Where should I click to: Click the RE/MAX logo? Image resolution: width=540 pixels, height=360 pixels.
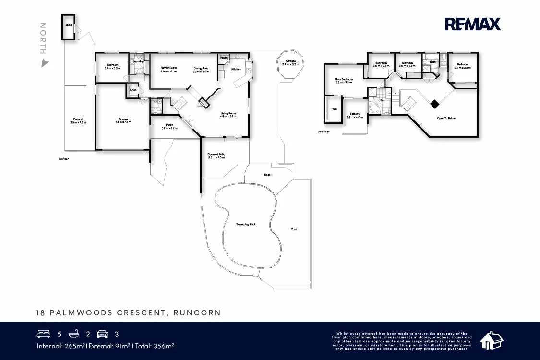tap(472, 24)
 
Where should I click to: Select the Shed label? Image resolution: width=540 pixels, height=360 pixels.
tap(69, 24)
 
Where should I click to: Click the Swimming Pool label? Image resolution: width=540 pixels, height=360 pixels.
tap(245, 224)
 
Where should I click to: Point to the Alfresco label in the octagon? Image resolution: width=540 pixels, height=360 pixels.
tap(290, 62)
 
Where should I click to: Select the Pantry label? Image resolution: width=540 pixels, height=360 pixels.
tap(224, 58)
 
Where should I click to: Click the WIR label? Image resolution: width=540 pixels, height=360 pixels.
tap(335, 109)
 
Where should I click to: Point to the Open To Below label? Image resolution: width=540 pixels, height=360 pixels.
tap(446, 118)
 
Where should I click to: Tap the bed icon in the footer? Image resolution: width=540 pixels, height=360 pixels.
tap(43, 334)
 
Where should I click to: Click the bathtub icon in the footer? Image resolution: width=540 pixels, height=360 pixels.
tap(73, 334)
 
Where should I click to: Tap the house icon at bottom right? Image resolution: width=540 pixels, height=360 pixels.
tap(491, 340)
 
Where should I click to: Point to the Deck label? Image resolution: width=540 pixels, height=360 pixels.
tap(267, 175)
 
